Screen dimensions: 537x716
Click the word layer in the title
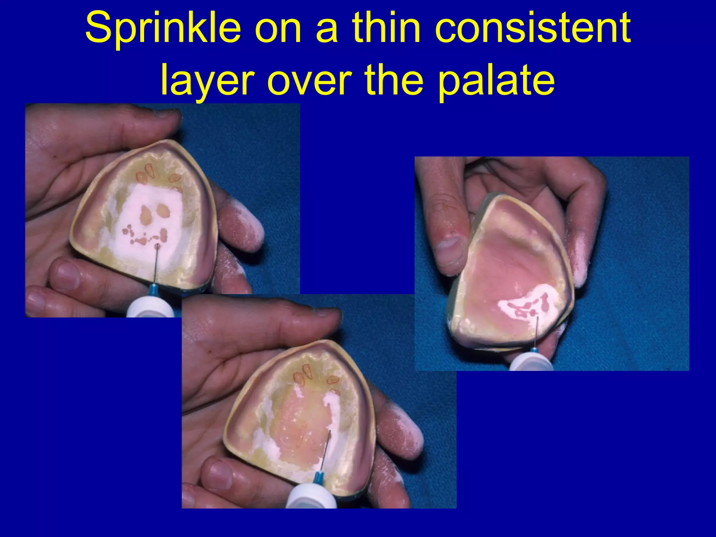pyautogui.click(x=207, y=81)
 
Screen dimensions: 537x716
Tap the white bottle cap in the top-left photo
pyautogui.click(x=151, y=308)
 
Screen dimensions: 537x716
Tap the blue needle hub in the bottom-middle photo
pyautogui.click(x=318, y=478)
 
